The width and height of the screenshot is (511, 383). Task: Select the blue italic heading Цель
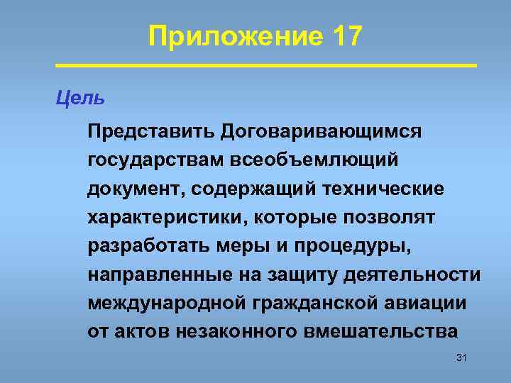[x=79, y=98]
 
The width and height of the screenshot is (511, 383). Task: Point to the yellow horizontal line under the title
[x=265, y=65]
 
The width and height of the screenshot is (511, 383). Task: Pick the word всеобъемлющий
[x=313, y=161]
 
